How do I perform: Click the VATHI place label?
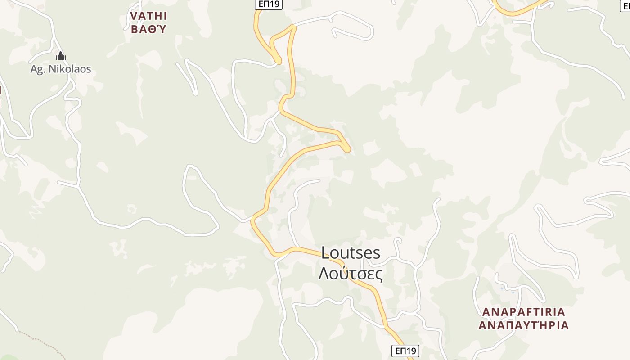(148, 16)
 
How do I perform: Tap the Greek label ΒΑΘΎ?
(148, 30)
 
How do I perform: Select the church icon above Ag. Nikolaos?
(61, 56)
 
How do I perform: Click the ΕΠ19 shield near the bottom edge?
(405, 351)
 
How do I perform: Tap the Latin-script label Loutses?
(351, 253)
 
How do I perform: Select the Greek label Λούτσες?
(351, 274)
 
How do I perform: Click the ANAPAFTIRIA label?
(523, 312)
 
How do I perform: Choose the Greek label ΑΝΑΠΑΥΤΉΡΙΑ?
(523, 325)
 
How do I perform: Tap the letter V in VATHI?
(134, 16)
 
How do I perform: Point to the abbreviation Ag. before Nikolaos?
(38, 70)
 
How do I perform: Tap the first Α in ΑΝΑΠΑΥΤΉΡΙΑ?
(482, 325)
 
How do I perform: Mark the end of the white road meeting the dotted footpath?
(18, 331)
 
